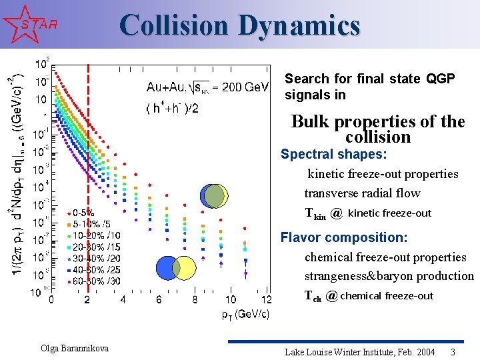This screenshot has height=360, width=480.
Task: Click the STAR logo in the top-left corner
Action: click(x=29, y=24)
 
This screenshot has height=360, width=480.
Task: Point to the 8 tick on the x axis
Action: click(x=195, y=300)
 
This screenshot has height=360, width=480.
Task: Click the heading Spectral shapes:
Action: click(x=333, y=154)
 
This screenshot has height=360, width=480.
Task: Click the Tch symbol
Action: click(x=313, y=297)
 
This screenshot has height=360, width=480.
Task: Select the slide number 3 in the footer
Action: click(x=453, y=352)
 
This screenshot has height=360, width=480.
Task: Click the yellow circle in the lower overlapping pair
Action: click(x=186, y=268)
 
